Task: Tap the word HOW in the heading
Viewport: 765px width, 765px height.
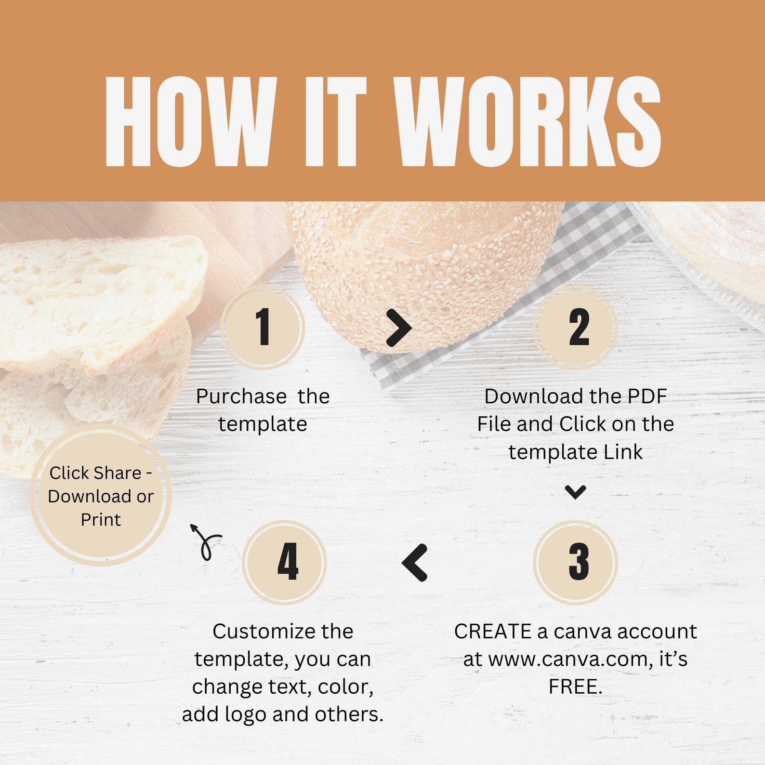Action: point(189,122)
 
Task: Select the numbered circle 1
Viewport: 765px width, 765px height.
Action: point(263,327)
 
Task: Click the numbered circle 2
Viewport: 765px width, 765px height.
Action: point(576,327)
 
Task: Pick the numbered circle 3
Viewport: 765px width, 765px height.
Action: point(576,562)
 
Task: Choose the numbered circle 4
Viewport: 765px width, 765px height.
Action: point(285,562)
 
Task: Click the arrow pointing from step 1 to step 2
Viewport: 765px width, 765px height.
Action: point(399,328)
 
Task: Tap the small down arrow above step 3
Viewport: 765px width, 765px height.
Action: point(575,492)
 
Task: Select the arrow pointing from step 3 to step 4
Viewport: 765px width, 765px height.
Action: point(415,562)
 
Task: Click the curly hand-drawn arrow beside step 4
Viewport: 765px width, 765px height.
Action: point(205,542)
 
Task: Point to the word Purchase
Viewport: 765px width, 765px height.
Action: point(241,397)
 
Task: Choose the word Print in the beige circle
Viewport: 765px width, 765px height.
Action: point(101,520)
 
